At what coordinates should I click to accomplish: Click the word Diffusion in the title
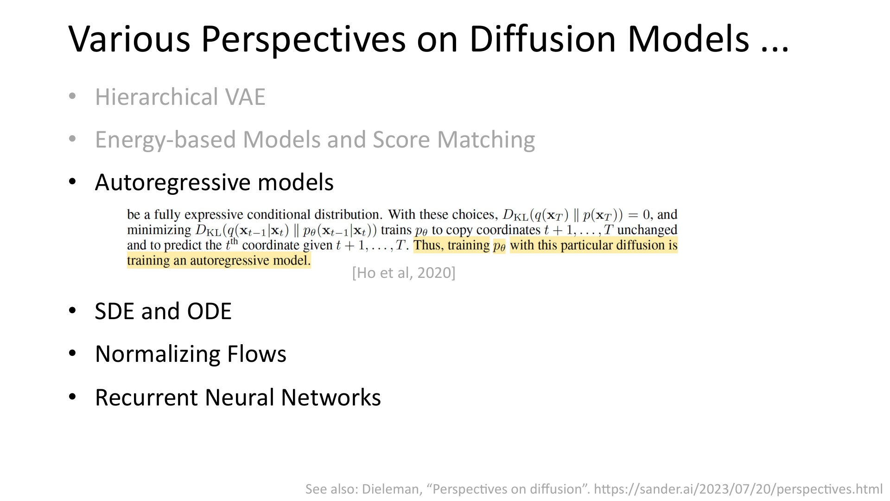tap(543, 39)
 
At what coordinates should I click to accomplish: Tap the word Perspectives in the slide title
tap(303, 39)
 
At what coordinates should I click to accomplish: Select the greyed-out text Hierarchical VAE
tap(180, 97)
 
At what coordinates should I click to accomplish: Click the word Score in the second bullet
tap(401, 140)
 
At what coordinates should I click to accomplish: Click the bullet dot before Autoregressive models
tap(72, 181)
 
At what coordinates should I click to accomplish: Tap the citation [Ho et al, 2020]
tap(404, 273)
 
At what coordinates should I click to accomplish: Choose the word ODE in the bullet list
tap(209, 311)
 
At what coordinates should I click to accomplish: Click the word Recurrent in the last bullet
tap(146, 398)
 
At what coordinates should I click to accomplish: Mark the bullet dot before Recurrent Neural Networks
tap(72, 397)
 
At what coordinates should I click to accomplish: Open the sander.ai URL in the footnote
tap(738, 489)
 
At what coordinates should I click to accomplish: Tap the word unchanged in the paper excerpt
tap(647, 230)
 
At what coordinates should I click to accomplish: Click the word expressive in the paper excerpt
tap(214, 215)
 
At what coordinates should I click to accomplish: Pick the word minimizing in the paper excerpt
tap(159, 230)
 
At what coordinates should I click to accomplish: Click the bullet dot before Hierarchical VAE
tap(72, 96)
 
